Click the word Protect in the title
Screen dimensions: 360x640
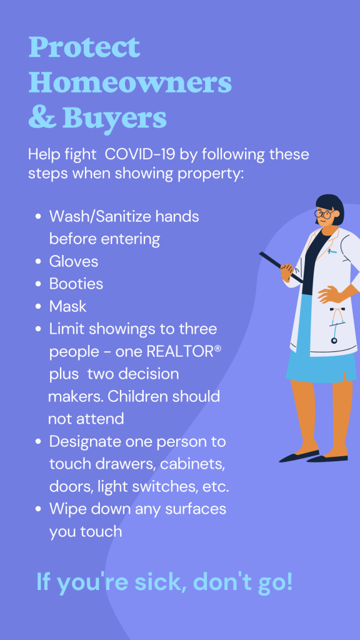(84, 47)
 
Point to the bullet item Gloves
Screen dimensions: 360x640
(74, 261)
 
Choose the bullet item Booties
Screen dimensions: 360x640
(76, 284)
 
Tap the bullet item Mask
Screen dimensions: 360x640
(67, 306)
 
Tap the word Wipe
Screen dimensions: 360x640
(67, 509)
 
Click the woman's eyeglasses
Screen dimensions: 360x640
(324, 214)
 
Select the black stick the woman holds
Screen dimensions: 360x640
(281, 267)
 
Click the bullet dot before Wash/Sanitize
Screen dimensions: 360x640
(38, 216)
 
